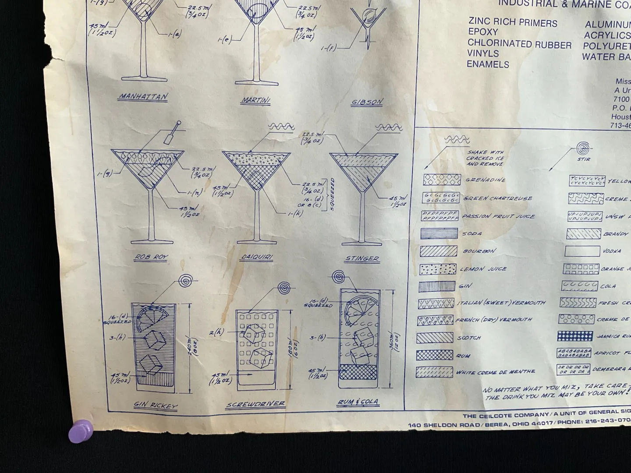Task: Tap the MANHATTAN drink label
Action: coord(143,97)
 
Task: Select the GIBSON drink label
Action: coord(367,102)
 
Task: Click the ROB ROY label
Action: coord(152,257)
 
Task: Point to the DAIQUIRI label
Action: coord(256,258)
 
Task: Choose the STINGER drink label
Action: coord(362,258)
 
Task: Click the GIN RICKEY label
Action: coord(156,406)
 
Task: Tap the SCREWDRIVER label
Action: coord(255,404)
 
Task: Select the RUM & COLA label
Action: coord(358,402)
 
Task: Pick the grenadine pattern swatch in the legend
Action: coord(442,180)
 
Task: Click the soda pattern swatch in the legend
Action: coord(439,233)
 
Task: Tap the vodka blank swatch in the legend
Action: coord(582,251)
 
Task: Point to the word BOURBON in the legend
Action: coord(480,251)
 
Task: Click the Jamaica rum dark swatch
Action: coord(575,336)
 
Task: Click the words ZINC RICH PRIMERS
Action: coord(513,23)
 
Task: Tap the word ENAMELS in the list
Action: coord(488,64)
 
